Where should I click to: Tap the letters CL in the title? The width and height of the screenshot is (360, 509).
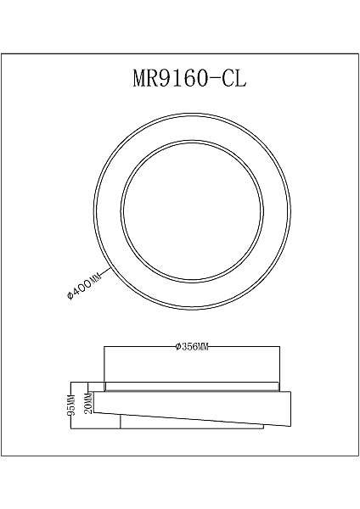(x=234, y=79)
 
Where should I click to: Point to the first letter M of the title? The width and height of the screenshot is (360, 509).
(x=141, y=79)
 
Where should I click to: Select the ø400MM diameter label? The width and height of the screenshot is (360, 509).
(x=84, y=285)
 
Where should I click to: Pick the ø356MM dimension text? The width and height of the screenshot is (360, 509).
(x=192, y=347)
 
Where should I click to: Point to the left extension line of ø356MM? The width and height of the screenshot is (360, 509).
(x=104, y=365)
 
